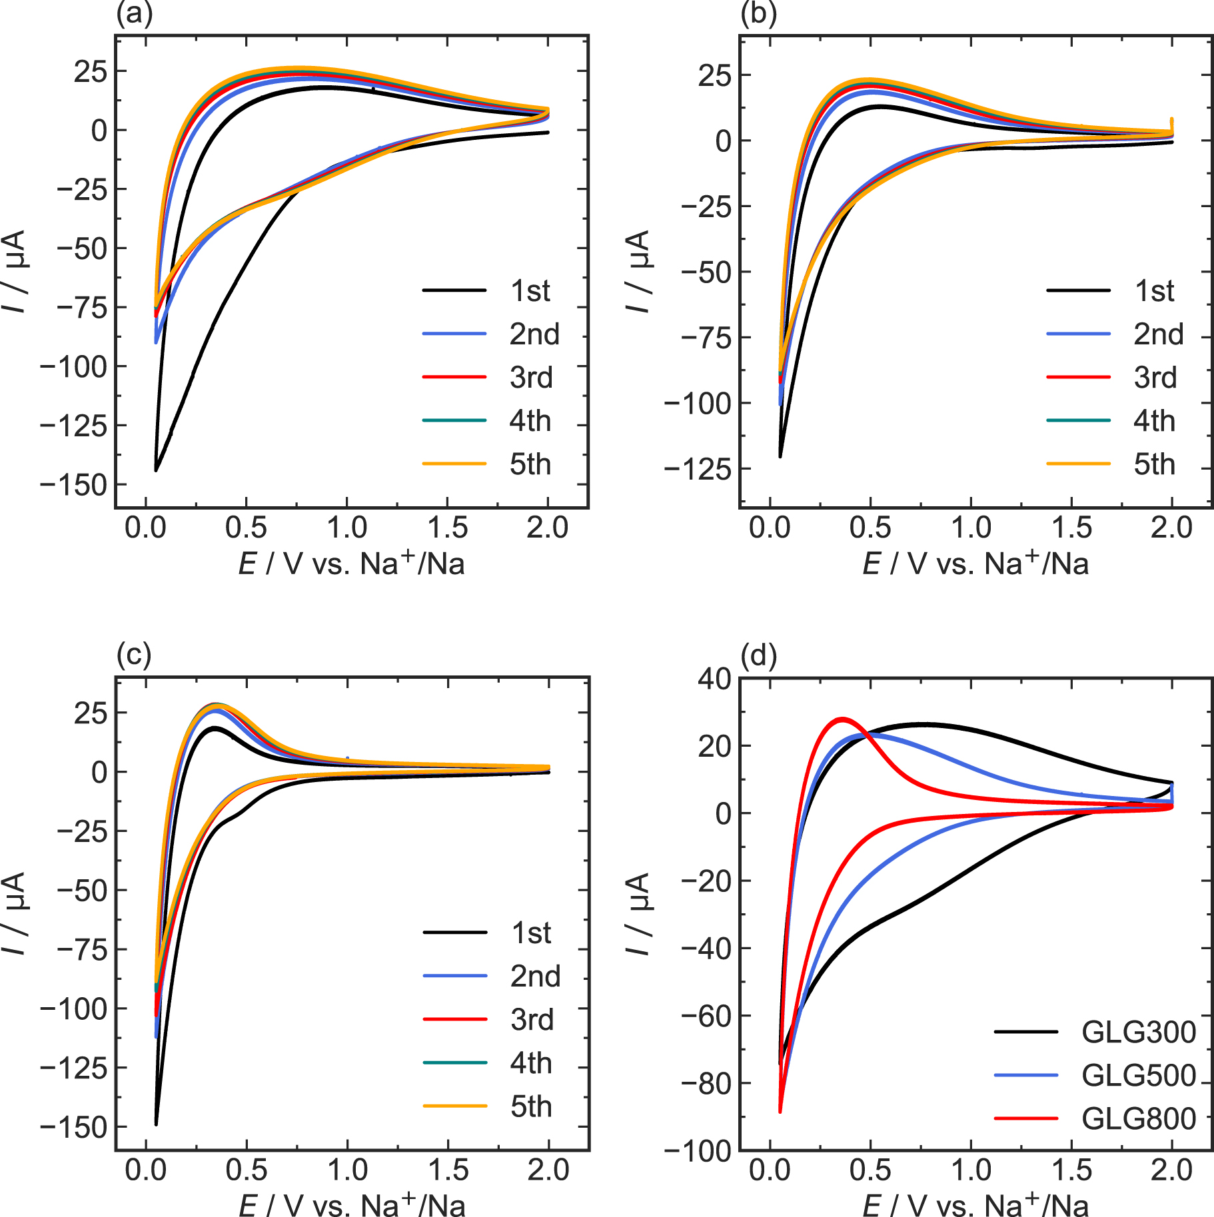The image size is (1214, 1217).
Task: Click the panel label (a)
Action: (x=134, y=13)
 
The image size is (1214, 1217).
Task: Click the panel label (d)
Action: (x=758, y=655)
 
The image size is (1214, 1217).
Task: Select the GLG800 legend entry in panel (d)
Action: (x=1138, y=1118)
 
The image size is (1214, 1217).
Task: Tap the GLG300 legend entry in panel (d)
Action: (x=1138, y=1032)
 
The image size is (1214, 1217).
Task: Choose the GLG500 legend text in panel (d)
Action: (x=1138, y=1075)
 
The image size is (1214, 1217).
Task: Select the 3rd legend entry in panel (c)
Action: (x=532, y=1020)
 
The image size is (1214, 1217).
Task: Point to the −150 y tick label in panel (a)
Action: (x=73, y=485)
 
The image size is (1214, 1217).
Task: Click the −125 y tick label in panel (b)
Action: (x=698, y=469)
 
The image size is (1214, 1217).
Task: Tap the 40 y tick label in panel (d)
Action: (x=714, y=679)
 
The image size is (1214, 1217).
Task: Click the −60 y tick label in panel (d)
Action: (x=706, y=1016)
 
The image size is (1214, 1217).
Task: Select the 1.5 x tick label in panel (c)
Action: (x=448, y=1170)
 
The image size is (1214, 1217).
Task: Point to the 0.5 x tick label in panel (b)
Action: (x=870, y=528)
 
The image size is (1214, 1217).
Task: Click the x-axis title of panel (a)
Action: (x=351, y=564)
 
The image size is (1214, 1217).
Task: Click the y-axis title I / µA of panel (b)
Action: (x=638, y=271)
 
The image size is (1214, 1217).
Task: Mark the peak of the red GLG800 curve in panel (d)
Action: (x=843, y=719)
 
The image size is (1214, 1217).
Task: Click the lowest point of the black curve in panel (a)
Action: (x=156, y=470)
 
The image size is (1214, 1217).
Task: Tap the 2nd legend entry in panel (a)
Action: (x=534, y=334)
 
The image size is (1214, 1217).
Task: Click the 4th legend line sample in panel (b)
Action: (x=1078, y=420)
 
